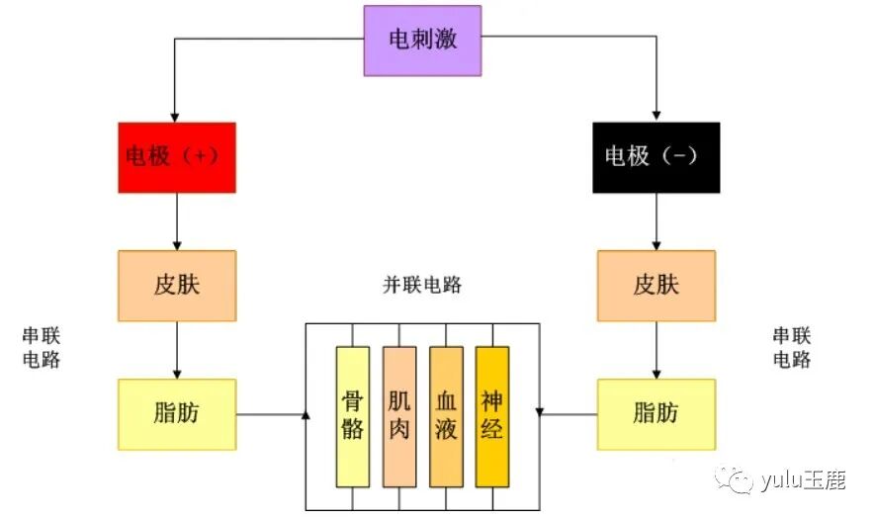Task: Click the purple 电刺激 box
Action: (x=422, y=41)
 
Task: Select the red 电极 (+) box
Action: (x=176, y=157)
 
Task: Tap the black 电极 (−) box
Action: (x=655, y=157)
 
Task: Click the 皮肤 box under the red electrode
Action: (x=176, y=286)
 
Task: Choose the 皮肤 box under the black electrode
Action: (x=655, y=286)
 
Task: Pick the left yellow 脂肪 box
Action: (x=176, y=414)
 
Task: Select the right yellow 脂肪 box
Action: (x=655, y=414)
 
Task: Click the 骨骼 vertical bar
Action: (x=352, y=416)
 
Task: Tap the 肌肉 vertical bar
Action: (x=398, y=416)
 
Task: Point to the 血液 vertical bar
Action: (x=446, y=416)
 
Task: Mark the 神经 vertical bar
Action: (x=491, y=416)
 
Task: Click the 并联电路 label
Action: (x=422, y=286)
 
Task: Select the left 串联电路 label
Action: (x=42, y=348)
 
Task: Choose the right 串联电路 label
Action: (x=791, y=348)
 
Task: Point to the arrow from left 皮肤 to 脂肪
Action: (x=176, y=350)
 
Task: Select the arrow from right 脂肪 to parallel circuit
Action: (x=568, y=414)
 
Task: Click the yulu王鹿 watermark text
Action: (x=802, y=481)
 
